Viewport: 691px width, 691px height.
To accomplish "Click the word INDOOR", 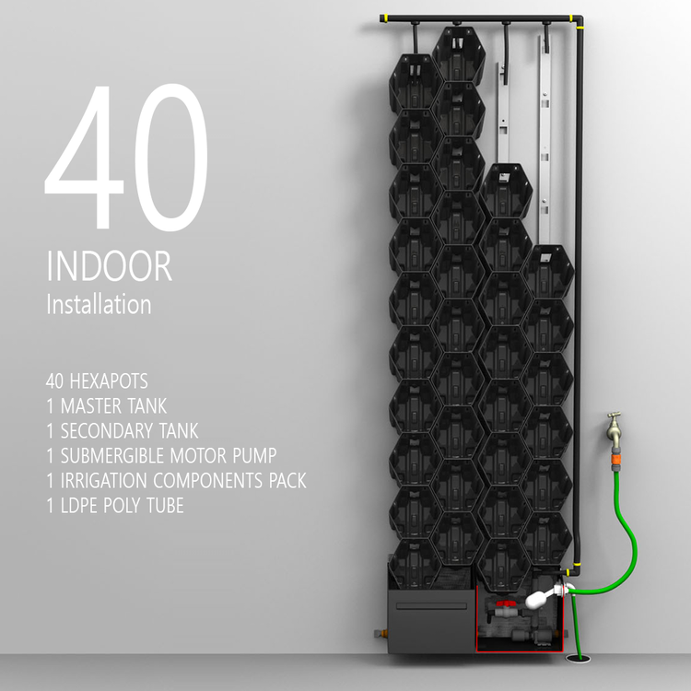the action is pyautogui.click(x=109, y=266).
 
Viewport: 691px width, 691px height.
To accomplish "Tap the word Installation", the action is pyautogui.click(x=99, y=304).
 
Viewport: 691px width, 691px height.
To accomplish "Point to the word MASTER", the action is pyautogui.click(x=91, y=404).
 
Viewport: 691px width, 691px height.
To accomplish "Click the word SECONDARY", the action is pyautogui.click(x=105, y=430).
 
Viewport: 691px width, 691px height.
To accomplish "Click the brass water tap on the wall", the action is pyautogui.click(x=614, y=427).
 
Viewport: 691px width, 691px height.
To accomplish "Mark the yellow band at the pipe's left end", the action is pyautogui.click(x=388, y=18).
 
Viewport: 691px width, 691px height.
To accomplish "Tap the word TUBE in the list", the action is pyautogui.click(x=163, y=505).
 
